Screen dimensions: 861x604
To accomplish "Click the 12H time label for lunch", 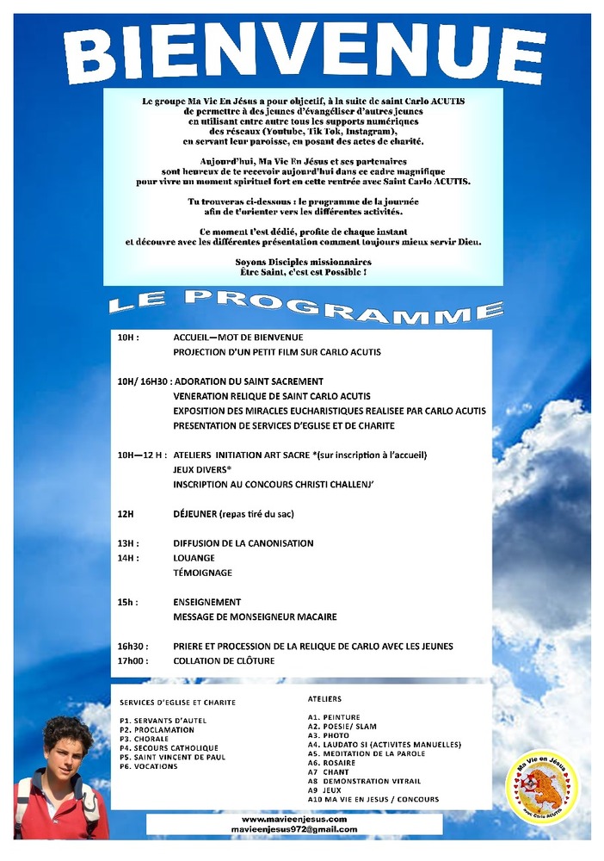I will click(126, 514).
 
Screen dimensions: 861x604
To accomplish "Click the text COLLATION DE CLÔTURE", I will click(224, 661).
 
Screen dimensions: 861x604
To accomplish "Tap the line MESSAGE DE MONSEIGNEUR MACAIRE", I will click(255, 616).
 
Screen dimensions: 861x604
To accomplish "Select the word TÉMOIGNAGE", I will click(202, 573).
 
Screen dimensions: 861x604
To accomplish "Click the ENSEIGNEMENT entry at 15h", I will click(206, 602).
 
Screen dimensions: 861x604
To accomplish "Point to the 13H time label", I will click(128, 543).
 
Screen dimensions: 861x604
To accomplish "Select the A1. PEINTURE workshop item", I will click(334, 716).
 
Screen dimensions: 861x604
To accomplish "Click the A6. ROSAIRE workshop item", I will click(331, 763).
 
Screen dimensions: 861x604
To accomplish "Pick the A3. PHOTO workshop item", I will click(328, 735).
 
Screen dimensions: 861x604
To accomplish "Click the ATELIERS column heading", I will click(324, 699).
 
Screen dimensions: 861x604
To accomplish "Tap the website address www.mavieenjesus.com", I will click(294, 820).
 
